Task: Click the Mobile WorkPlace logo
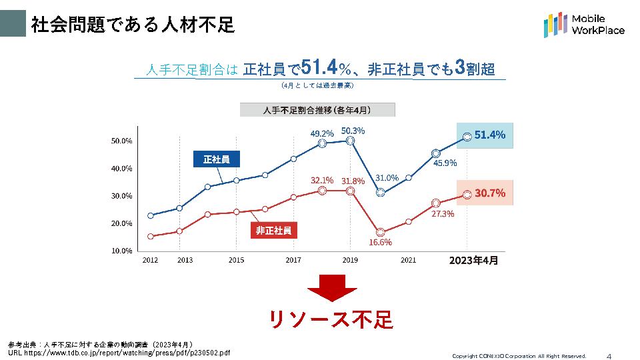[584, 25]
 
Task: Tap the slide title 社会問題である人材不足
[133, 25]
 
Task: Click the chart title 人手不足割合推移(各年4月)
[317, 110]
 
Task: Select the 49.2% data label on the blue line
[322, 133]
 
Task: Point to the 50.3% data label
[353, 131]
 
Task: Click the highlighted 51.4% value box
[485, 135]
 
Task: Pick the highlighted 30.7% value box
[485, 193]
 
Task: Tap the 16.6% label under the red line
[380, 242]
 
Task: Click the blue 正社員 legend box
[217, 159]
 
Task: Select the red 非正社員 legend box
[273, 231]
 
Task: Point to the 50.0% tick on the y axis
[122, 141]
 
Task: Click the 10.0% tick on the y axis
[122, 251]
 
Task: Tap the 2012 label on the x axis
[150, 261]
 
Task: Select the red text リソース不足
[331, 320]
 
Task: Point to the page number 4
[609, 355]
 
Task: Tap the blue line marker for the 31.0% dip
[381, 193]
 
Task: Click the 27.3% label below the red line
[443, 214]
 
